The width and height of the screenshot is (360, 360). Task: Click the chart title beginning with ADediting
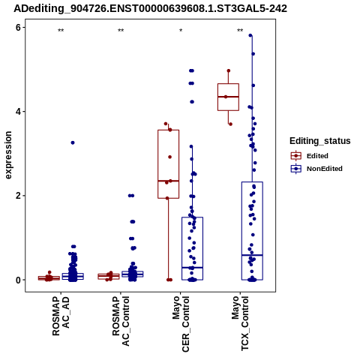(150, 8)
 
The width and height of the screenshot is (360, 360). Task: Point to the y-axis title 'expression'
(8, 155)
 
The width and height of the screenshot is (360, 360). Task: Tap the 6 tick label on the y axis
(18, 28)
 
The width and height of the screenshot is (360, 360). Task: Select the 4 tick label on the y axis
(18, 112)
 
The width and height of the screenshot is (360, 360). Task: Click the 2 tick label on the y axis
(18, 196)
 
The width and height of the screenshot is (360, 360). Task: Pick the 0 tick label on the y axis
(18, 280)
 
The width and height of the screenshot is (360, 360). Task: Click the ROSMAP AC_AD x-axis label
(61, 316)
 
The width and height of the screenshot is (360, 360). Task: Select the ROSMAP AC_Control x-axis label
(121, 321)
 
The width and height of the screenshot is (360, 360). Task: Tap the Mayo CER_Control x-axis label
(181, 324)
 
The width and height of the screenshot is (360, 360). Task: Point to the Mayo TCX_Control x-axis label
(241, 323)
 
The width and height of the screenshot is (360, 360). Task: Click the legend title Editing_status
(320, 141)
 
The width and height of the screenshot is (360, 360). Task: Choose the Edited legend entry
(309, 156)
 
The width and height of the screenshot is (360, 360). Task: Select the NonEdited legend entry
(316, 169)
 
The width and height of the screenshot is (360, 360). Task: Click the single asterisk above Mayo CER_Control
(181, 31)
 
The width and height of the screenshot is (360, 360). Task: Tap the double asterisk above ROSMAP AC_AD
(61, 31)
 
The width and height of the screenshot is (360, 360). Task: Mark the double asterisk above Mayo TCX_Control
(240, 31)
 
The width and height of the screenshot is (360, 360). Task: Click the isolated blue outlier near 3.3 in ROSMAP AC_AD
(73, 142)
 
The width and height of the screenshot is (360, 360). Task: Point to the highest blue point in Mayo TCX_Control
(250, 35)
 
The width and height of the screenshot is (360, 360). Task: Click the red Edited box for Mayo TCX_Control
(228, 97)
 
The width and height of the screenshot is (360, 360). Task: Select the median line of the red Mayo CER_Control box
(169, 181)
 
